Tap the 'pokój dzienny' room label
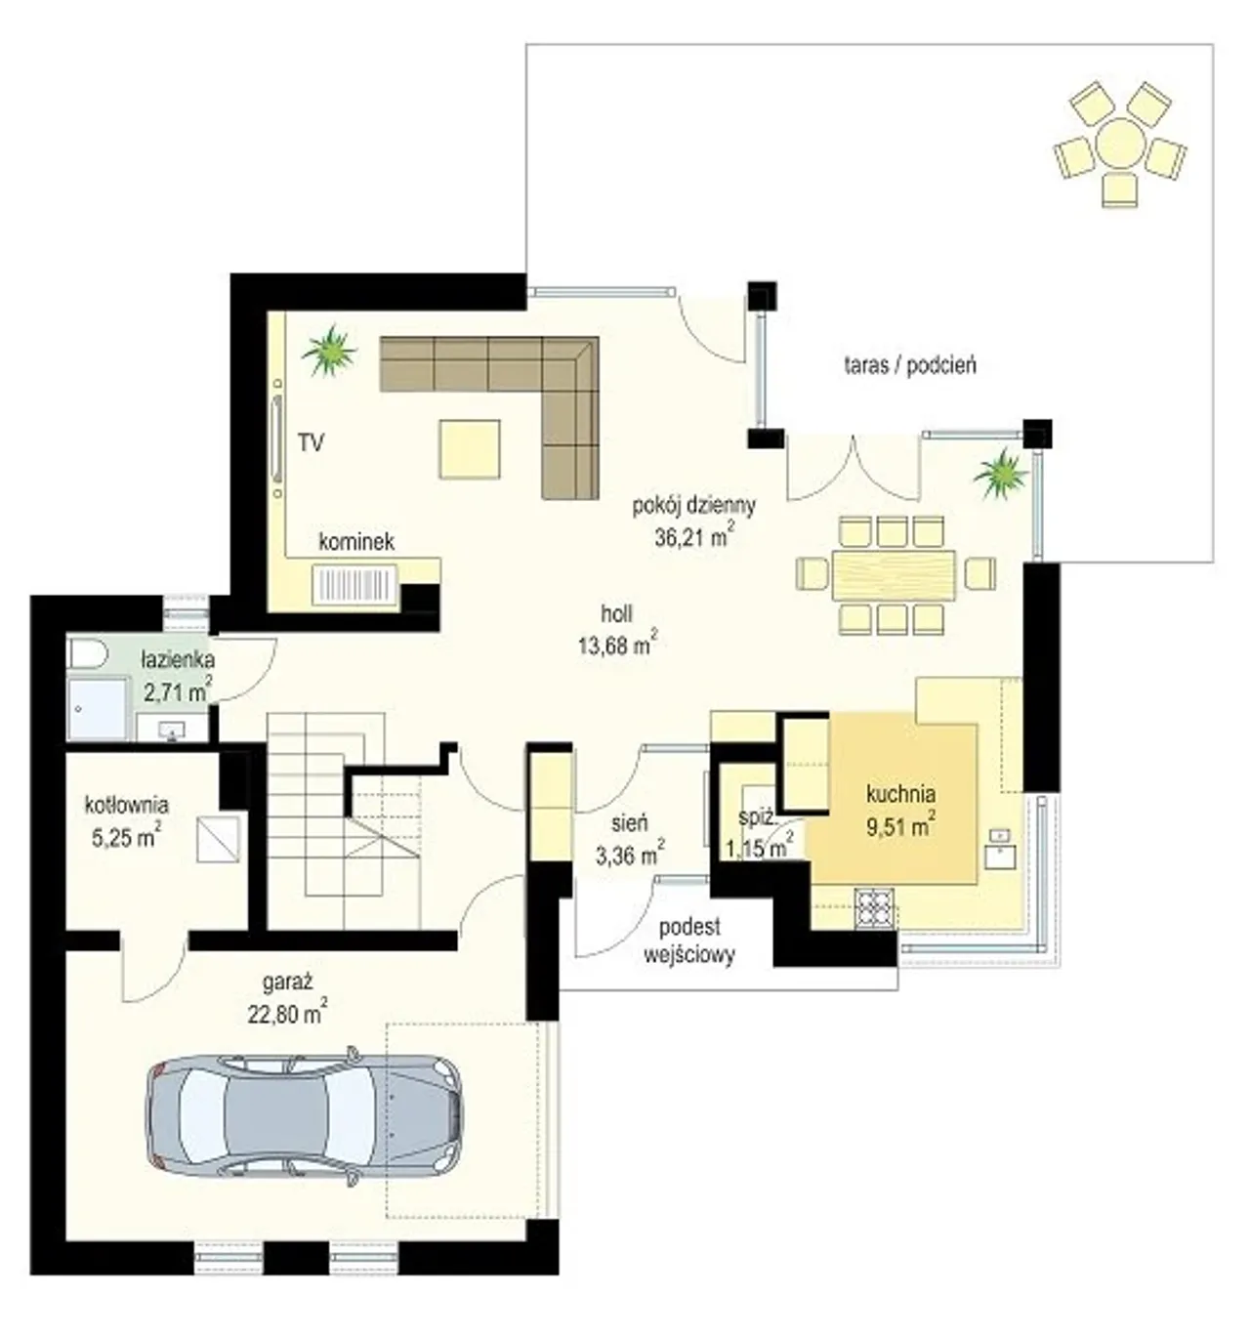click(x=693, y=507)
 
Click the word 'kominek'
click(x=355, y=542)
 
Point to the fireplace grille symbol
click(x=354, y=585)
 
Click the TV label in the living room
click(x=312, y=442)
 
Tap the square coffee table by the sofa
click(x=470, y=448)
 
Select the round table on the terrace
click(x=1120, y=143)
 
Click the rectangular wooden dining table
click(x=894, y=574)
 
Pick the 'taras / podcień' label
click(x=910, y=365)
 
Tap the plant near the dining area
click(x=1001, y=475)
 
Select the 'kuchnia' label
click(x=900, y=794)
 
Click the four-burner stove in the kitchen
click(x=875, y=907)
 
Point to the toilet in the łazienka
click(x=88, y=652)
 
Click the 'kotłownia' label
click(x=126, y=805)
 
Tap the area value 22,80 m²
click(x=287, y=1012)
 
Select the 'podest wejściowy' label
click(x=688, y=941)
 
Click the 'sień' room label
click(x=629, y=823)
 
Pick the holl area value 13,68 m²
click(x=616, y=644)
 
